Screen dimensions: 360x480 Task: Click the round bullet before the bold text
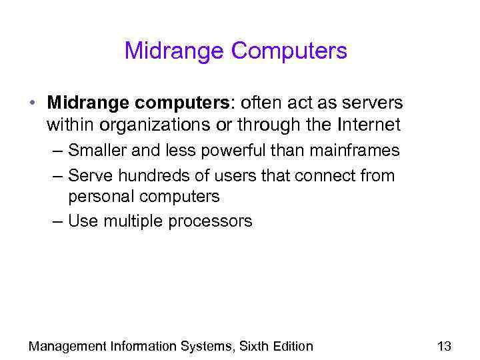(32, 103)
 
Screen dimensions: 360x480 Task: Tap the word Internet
(370, 125)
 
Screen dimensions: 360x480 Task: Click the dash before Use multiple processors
(56, 221)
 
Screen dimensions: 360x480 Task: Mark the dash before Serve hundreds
(56, 176)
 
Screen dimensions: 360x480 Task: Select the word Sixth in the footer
(253, 346)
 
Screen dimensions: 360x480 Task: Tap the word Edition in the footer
(292, 346)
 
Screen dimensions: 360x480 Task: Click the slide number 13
(444, 346)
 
